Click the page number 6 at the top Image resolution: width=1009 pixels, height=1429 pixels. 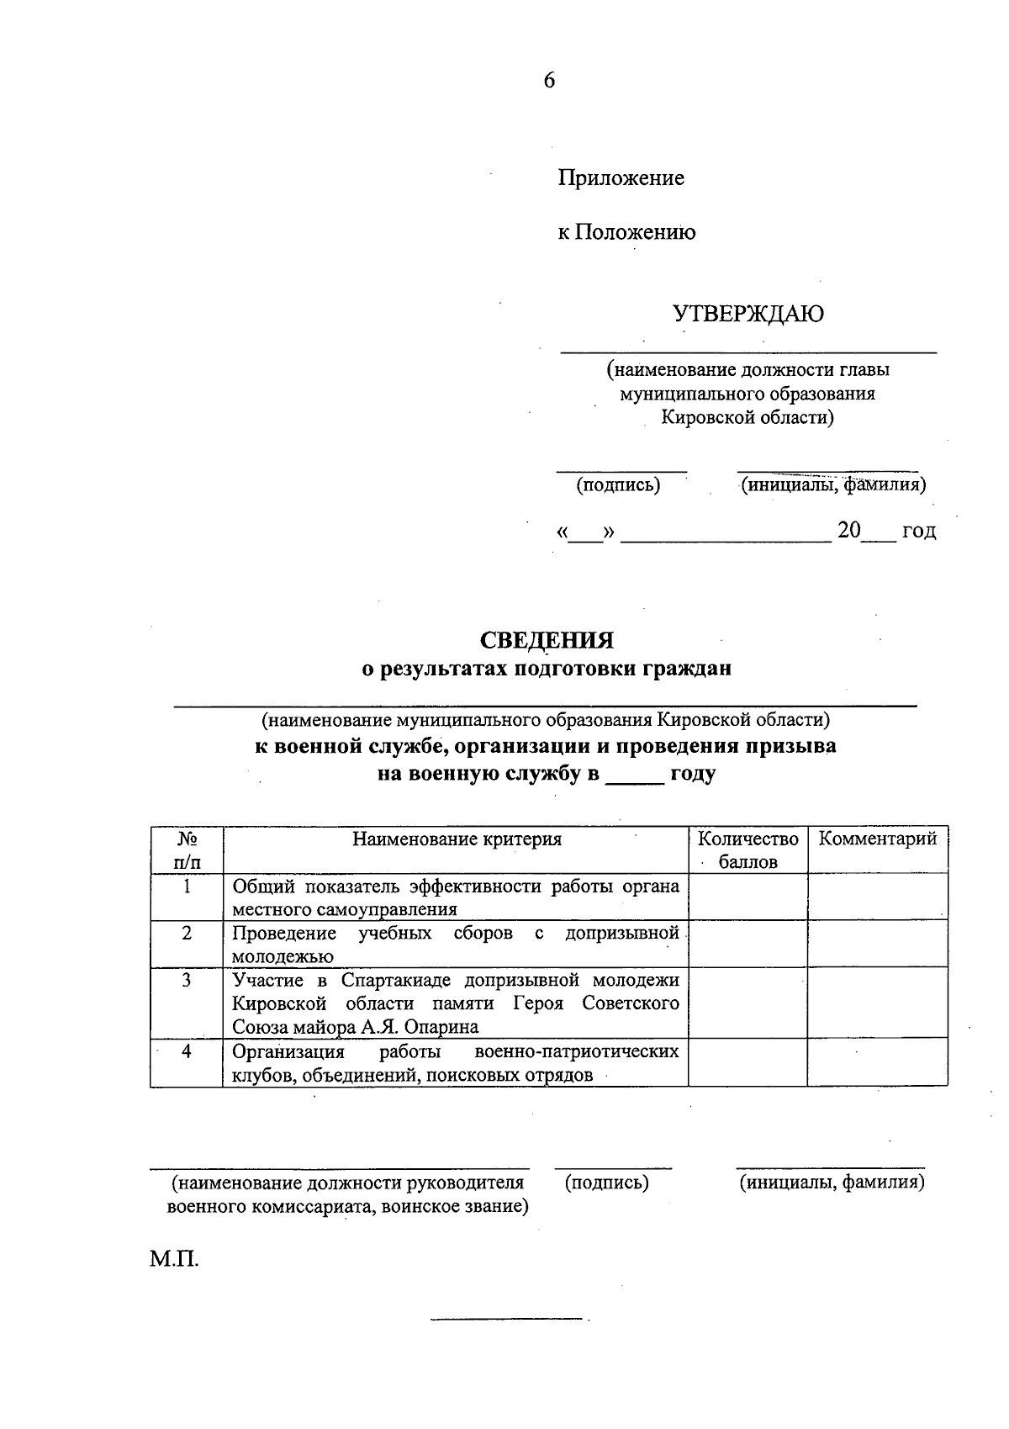point(549,81)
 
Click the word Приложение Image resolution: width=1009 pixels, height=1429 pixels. point(621,178)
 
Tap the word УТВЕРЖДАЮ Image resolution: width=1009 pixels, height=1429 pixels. point(748,315)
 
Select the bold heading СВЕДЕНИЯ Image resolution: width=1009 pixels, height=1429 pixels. point(547,641)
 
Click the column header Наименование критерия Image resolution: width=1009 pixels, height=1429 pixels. point(457,839)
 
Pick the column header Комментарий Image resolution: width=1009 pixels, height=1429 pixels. point(878,839)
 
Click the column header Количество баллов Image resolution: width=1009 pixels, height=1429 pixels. point(748,849)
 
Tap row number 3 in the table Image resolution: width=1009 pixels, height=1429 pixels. point(187,980)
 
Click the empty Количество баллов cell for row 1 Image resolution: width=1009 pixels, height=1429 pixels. point(748,897)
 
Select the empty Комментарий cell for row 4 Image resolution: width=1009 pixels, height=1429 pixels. point(878,1063)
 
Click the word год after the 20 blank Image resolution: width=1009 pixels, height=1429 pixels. point(918,532)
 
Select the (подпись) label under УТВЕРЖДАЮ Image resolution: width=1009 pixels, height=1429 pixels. point(618,485)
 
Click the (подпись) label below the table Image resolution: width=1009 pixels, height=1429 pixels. point(607,1183)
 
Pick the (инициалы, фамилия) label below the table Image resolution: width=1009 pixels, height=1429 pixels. point(832,1183)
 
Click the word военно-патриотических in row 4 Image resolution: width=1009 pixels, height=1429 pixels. point(577,1051)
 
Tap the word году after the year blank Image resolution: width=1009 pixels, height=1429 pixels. point(692,775)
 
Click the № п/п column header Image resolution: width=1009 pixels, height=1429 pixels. point(187,849)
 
